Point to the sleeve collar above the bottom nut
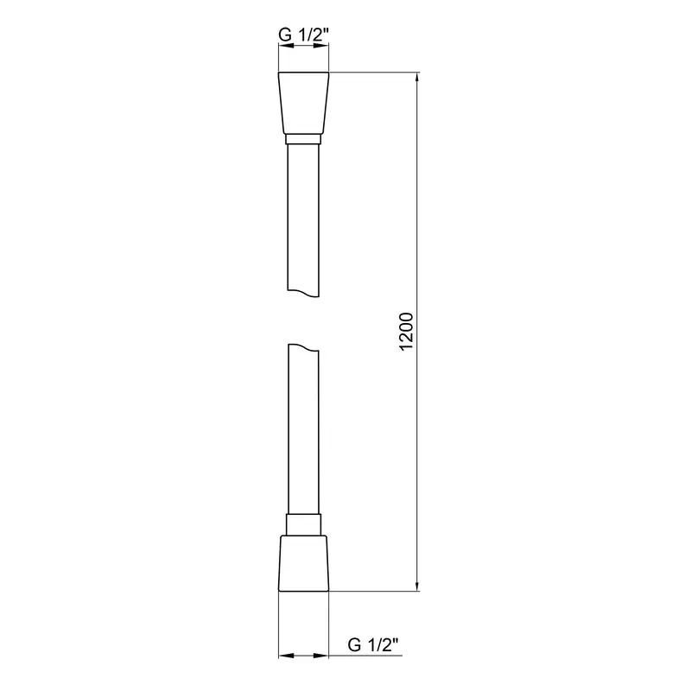[303, 524]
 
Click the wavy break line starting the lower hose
[302, 346]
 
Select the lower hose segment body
[302, 432]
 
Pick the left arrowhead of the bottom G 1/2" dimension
[282, 655]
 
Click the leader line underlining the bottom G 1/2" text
[371, 655]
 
